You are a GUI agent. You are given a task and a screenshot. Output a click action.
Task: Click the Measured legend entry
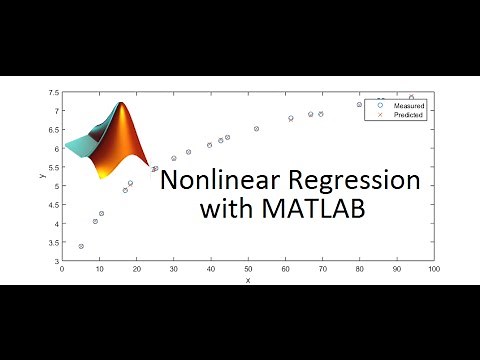[x=408, y=105]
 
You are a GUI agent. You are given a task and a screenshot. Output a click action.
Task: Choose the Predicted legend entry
[x=408, y=115]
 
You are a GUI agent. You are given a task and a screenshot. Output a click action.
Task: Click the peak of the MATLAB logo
[x=121, y=104]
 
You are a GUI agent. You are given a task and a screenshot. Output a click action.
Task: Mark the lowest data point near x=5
[x=81, y=246]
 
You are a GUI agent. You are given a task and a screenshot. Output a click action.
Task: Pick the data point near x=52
[x=256, y=129]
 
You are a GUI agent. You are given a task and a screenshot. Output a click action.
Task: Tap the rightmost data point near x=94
[x=411, y=98]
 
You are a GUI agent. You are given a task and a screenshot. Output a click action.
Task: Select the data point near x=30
[x=174, y=158]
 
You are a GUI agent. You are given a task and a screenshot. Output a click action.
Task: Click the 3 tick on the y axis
[x=56, y=261]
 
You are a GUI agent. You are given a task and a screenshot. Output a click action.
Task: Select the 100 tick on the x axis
[x=433, y=269]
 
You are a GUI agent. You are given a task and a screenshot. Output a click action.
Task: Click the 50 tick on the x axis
[x=248, y=269]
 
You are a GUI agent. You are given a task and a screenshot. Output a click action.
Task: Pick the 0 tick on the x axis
[x=63, y=269]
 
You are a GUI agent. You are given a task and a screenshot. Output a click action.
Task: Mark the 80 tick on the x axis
[x=359, y=269]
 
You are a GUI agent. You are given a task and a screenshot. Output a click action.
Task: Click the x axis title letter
[x=248, y=280]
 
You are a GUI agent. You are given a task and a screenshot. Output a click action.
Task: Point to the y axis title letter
[x=42, y=176]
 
